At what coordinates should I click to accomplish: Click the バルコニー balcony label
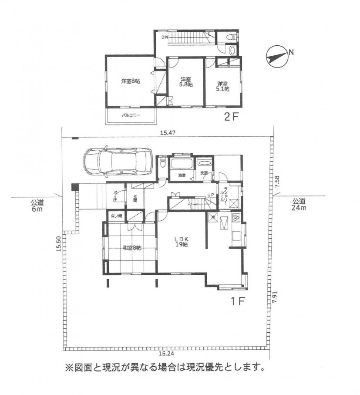coord(130,115)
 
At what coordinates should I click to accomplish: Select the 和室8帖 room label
coord(132,248)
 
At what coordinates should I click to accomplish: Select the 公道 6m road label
coord(37,205)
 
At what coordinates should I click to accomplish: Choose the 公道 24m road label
coord(299,204)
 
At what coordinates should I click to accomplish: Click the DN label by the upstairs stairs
coord(165,38)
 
